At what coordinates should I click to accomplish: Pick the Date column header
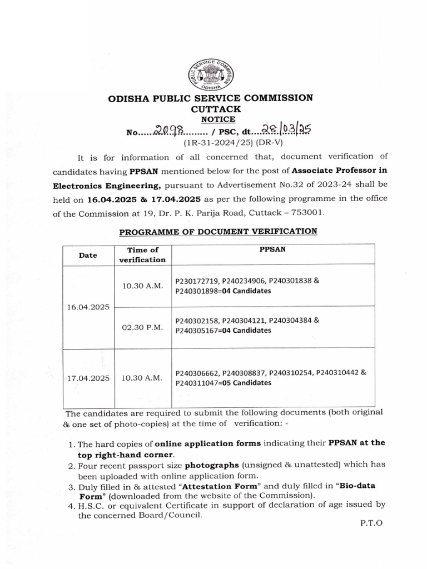87,255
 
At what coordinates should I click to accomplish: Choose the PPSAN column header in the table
272,251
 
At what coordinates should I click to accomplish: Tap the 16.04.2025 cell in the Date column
87,307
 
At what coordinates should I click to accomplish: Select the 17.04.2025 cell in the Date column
87,378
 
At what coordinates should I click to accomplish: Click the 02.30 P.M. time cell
142,328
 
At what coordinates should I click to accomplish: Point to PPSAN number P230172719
197,281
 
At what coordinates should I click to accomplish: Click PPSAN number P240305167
197,331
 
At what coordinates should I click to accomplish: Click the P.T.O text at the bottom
368,523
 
